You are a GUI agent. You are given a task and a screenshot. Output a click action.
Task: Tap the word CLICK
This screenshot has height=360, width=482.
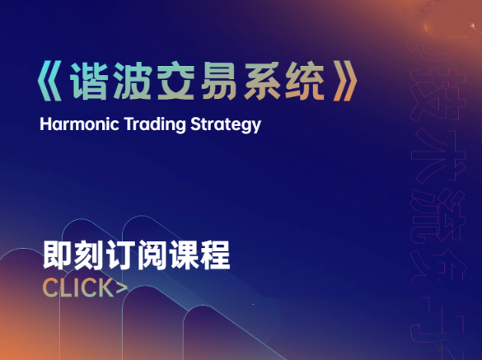(77, 288)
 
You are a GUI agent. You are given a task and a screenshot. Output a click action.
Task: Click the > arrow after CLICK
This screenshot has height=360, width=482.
(122, 288)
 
